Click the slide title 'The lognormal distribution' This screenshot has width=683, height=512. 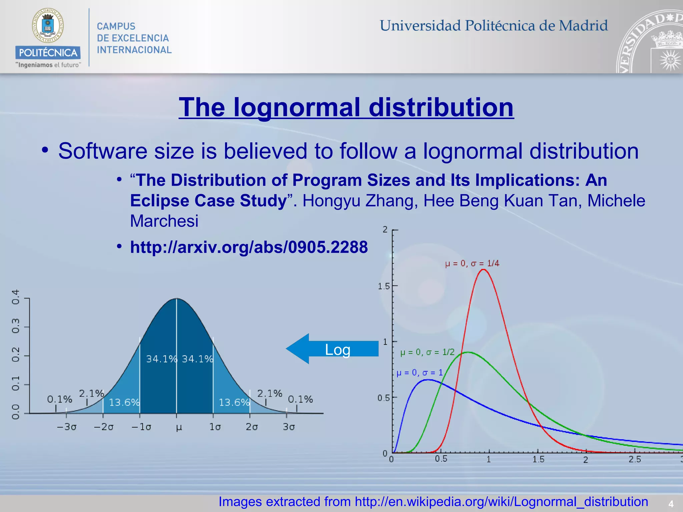point(346,107)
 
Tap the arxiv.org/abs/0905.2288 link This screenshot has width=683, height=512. point(249,247)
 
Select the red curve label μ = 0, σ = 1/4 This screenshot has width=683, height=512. point(472,263)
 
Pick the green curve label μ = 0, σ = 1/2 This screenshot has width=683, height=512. point(427,352)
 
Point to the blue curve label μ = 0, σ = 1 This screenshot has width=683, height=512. point(420,372)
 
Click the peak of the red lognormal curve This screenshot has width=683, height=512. point(483,269)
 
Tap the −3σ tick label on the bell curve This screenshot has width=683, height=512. point(67,427)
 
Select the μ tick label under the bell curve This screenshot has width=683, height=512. point(179,427)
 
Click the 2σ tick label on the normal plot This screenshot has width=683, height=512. point(252,427)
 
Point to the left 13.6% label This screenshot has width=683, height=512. point(124,402)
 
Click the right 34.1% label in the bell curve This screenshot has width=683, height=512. point(197,359)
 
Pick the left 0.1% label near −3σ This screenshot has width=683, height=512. point(59,399)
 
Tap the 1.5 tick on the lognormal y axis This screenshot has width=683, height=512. point(384,286)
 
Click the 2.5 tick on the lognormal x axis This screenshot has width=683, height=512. point(635,459)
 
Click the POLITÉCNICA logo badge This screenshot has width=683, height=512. point(48,52)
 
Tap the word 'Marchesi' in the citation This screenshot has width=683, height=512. point(164,221)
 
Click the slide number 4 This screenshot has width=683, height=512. point(671,504)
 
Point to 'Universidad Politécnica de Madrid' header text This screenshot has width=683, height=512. point(494,26)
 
